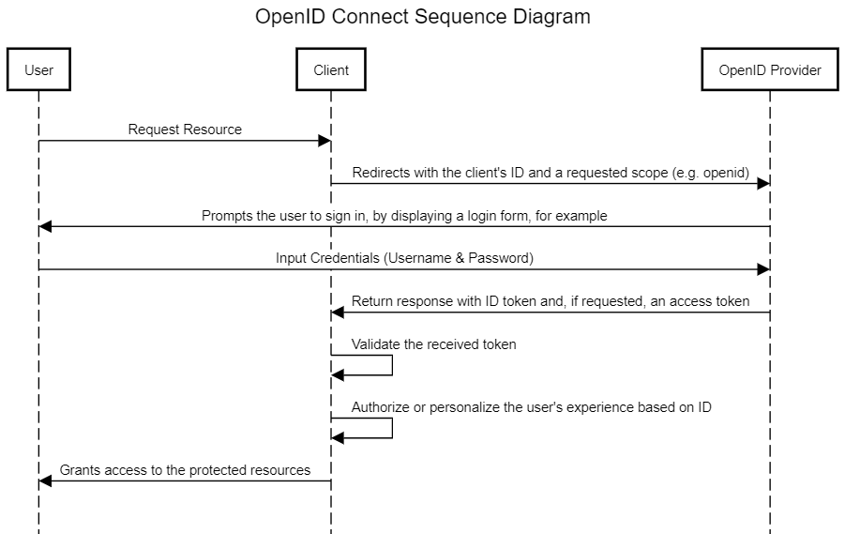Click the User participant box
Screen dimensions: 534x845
38,70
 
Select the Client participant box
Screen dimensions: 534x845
331,70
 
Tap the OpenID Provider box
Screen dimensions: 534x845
770,70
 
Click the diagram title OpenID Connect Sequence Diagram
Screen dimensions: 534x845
423,17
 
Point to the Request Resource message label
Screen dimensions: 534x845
185,130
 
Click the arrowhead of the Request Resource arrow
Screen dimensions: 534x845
325,141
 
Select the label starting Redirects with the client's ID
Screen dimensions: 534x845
549,173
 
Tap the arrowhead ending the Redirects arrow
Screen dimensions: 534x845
764,184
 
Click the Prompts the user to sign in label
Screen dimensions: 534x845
404,216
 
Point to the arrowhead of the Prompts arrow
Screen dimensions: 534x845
45,227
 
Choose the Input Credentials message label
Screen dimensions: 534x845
404,258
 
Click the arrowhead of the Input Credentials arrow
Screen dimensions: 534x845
764,269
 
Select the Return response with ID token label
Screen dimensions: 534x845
551,301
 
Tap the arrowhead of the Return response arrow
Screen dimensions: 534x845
338,313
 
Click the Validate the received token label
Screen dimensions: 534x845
434,344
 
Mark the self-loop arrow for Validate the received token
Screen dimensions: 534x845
391,365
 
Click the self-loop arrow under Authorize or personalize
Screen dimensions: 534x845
391,428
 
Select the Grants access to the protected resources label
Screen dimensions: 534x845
185,470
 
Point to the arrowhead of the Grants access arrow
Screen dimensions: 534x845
45,481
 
